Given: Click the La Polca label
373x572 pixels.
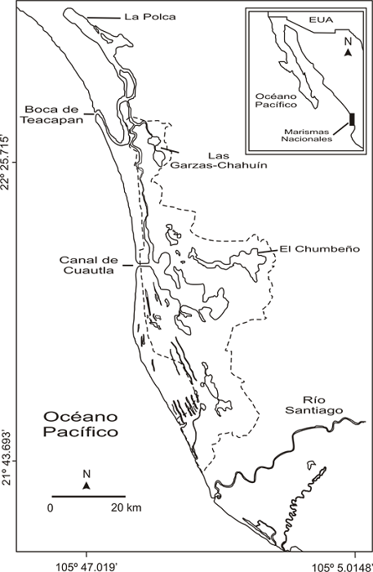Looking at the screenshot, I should pyautogui.click(x=142, y=16).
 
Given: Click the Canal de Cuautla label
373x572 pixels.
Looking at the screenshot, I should pyautogui.click(x=88, y=266).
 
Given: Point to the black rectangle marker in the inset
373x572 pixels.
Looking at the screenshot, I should pyautogui.click(x=352, y=119).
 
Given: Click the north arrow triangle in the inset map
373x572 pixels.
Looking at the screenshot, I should pyautogui.click(x=348, y=53).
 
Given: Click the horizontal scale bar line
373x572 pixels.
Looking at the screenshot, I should pyautogui.click(x=88, y=496).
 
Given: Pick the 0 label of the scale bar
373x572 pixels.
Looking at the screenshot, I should pyautogui.click(x=50, y=508).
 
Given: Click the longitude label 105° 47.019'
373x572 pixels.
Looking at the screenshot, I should pyautogui.click(x=87, y=565).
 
